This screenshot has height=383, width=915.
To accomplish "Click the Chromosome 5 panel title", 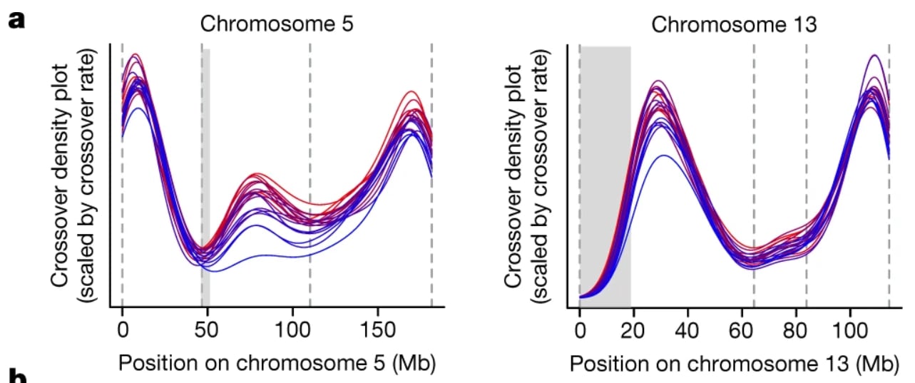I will [277, 23].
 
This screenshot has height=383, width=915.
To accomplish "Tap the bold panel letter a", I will [17, 19].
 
